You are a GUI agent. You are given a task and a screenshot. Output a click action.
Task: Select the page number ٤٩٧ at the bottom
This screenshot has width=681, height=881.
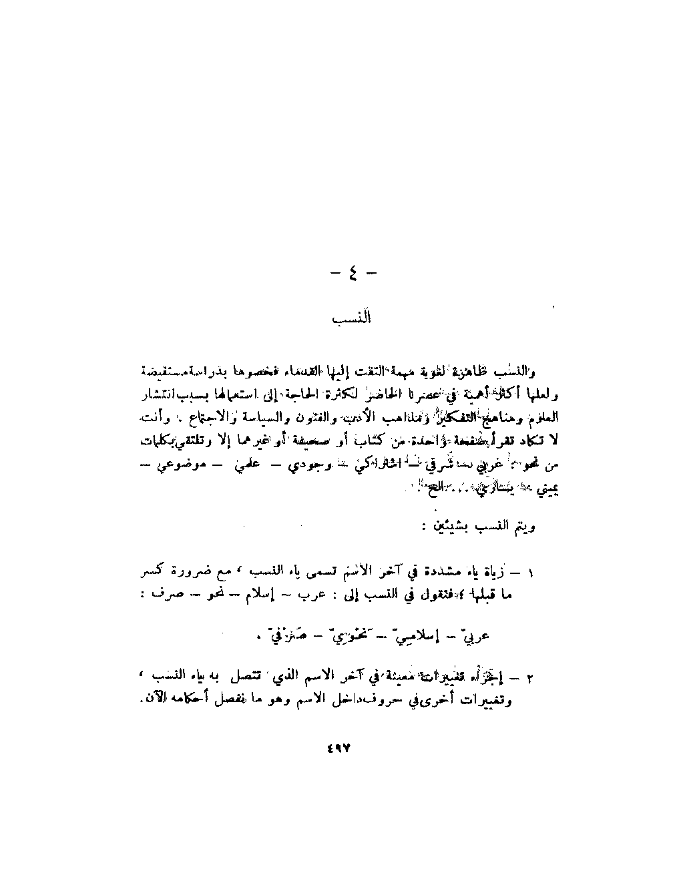339,748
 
